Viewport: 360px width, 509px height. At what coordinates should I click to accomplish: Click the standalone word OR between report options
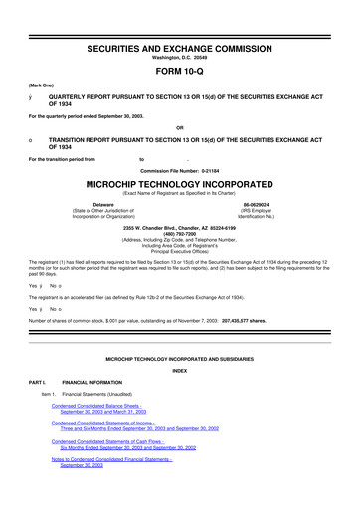[180, 125]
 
